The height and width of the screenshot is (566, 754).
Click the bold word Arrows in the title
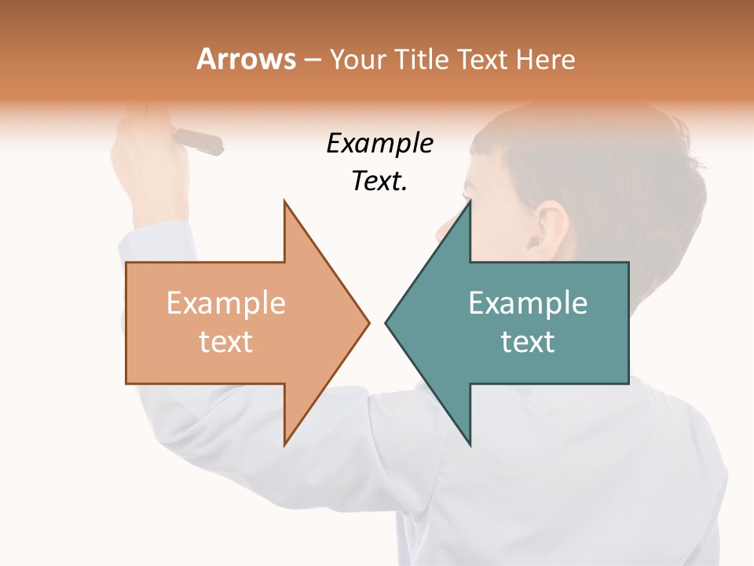pos(247,59)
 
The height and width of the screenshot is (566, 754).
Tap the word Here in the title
pos(545,59)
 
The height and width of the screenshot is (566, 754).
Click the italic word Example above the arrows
pos(379,143)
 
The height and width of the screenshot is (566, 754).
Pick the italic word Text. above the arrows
pos(379,181)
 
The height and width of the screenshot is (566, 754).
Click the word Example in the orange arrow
pos(225,303)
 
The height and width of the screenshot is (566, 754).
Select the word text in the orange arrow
pos(225,342)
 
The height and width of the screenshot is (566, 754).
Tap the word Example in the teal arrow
pos(528,303)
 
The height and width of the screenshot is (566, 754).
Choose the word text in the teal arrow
pos(528,342)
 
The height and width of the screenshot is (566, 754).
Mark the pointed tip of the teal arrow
pos(387,322)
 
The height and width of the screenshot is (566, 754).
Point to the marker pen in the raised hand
pos(198,141)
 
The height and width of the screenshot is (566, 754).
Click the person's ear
pos(551,228)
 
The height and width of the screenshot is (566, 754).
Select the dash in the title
pos(312,60)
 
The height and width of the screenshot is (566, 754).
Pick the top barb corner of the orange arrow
pos(285,202)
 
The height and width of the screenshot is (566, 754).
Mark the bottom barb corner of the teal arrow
pos(470,444)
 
